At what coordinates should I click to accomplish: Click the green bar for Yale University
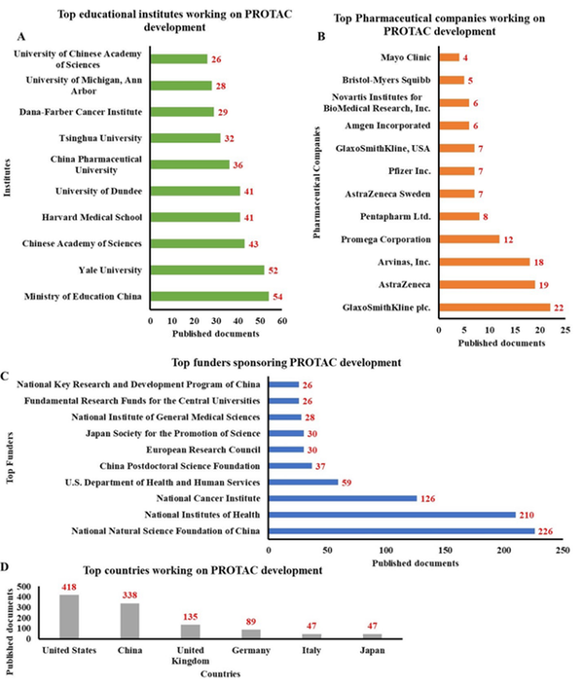[207, 270]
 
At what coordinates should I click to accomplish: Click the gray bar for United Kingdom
[192, 631]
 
